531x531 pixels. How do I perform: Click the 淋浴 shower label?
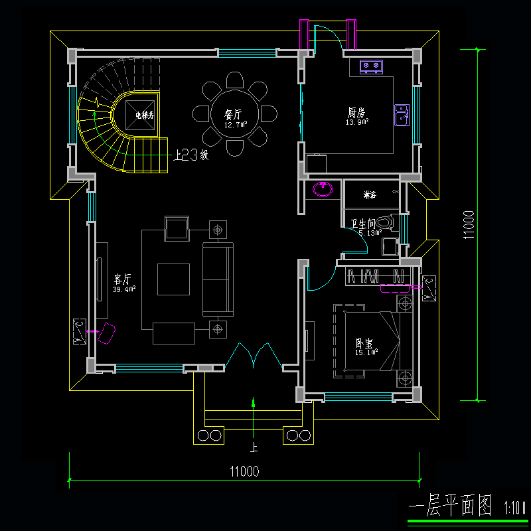coord(369,195)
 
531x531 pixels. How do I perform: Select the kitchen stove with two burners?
coord(371,66)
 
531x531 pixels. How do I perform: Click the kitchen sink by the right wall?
coord(402,114)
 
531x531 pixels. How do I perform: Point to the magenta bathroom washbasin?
coord(323,189)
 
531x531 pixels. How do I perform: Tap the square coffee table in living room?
coord(173,279)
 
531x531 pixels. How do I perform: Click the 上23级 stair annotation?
coord(191,156)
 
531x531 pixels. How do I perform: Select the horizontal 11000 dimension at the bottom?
coord(244,472)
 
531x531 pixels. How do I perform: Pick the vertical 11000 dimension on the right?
coord(469,225)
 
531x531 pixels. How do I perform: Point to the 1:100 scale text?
coord(514,508)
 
